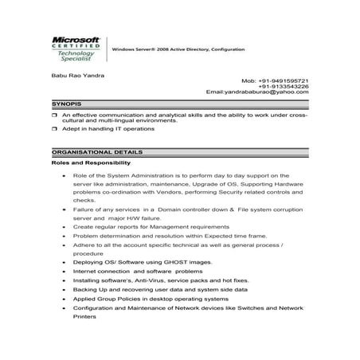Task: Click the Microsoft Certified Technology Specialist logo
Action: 76,48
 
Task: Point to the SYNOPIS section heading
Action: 67,104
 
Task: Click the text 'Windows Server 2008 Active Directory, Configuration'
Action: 178,49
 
